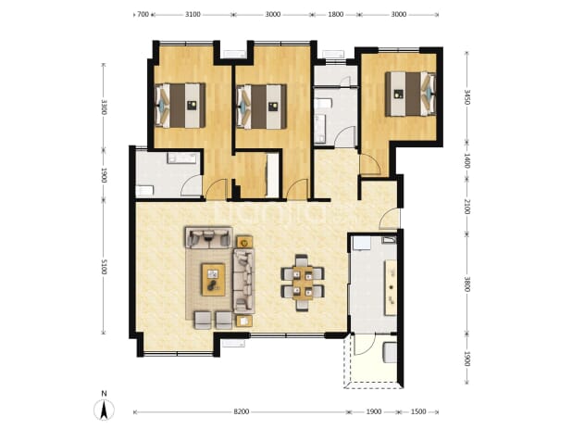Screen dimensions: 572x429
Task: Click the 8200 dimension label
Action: (x=242, y=411)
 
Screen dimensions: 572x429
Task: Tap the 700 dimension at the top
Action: (x=143, y=14)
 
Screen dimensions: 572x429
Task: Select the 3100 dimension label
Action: (x=193, y=14)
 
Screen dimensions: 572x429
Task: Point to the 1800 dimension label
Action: (x=336, y=14)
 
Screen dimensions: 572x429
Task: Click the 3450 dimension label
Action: (x=466, y=96)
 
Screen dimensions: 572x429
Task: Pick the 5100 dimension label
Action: (x=104, y=267)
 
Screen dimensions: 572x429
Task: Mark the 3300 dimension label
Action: (x=104, y=107)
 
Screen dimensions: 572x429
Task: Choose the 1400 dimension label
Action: (x=466, y=160)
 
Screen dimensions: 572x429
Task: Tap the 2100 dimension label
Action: (x=466, y=207)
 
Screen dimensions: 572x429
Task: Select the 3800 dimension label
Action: (x=466, y=284)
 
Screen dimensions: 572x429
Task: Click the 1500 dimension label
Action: (x=418, y=411)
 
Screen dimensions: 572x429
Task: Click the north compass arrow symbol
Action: (x=104, y=410)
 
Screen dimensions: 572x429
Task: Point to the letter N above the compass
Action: (x=104, y=394)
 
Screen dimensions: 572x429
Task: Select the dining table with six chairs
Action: (x=303, y=283)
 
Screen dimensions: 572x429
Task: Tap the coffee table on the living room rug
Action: (x=214, y=280)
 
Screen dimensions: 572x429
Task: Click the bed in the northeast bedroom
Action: (x=410, y=94)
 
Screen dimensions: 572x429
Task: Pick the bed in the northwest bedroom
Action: (x=180, y=106)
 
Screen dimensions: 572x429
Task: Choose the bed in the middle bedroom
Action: (x=262, y=107)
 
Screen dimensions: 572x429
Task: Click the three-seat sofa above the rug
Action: (x=208, y=238)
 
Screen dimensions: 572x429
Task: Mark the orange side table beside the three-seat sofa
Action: (x=244, y=242)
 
